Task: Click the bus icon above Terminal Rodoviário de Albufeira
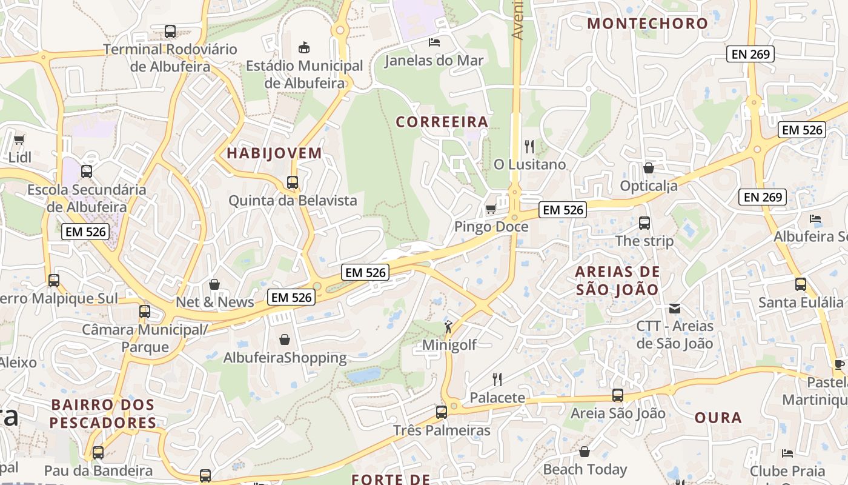(170, 32)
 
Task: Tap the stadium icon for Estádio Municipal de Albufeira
(304, 47)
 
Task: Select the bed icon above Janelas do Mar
(434, 42)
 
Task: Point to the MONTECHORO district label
(648, 24)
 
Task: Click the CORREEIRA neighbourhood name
(442, 122)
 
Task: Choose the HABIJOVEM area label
(274, 153)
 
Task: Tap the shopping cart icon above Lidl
(19, 139)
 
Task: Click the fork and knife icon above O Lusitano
(529, 146)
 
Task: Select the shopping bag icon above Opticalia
(649, 167)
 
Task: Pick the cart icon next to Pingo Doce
(491, 209)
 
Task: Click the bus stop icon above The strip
(644, 222)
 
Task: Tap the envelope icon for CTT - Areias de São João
(675, 308)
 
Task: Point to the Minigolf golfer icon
(448, 327)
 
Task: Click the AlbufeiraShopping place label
(285, 358)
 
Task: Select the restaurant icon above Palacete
(497, 380)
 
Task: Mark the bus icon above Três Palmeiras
(442, 412)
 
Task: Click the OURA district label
(718, 418)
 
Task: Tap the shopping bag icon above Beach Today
(585, 452)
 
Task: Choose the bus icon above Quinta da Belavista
(293, 182)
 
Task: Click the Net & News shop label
(215, 302)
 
